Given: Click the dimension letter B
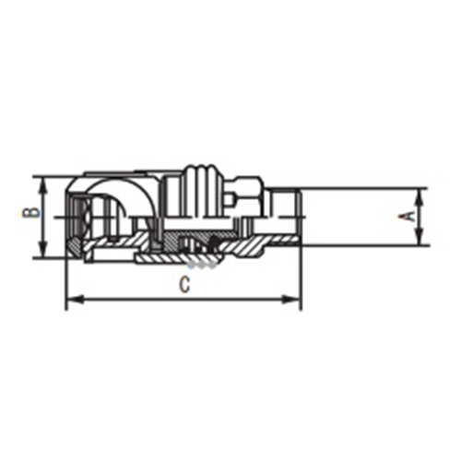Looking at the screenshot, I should tap(30, 213).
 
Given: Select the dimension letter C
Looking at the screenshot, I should tap(185, 285).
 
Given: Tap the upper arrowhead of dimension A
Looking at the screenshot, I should tap(422, 194).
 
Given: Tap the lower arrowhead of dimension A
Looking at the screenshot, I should tap(422, 241).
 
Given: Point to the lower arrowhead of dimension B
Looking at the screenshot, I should tap(42, 253).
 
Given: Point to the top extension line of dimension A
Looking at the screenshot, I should tap(364, 189).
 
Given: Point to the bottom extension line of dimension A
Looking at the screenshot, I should tap(364, 245).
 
